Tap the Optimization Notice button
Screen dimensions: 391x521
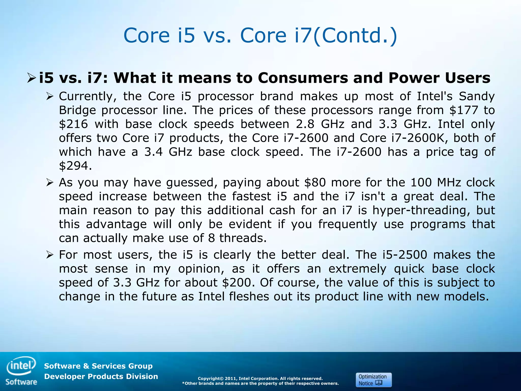point(373,380)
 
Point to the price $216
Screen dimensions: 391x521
point(73,124)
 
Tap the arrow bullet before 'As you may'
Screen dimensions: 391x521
point(50,183)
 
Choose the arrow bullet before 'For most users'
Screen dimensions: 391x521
point(50,255)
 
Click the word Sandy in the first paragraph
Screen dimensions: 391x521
point(477,96)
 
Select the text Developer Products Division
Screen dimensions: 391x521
point(101,376)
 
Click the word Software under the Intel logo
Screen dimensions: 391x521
point(21,382)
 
